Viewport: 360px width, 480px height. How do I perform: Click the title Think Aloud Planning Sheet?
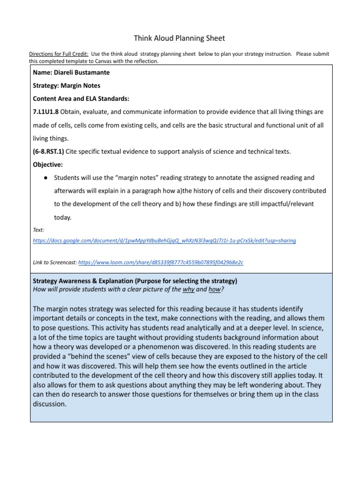(180, 38)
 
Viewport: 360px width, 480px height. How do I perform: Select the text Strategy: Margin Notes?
(67, 86)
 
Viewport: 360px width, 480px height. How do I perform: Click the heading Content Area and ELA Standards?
(81, 99)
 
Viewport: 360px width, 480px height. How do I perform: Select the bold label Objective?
(49, 165)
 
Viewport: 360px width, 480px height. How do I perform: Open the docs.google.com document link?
(164, 240)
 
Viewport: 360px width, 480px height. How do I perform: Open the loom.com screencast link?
(161, 262)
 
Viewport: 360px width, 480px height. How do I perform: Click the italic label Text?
(38, 230)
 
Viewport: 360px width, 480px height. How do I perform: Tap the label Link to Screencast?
(54, 262)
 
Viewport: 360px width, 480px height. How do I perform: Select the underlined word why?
(188, 289)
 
